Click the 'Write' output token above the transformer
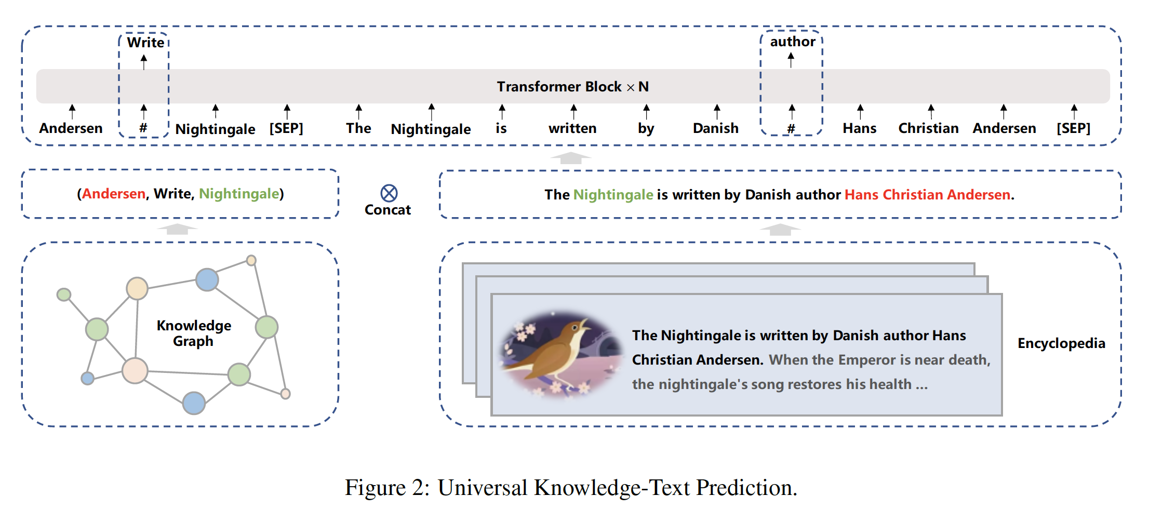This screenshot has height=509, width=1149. click(x=145, y=43)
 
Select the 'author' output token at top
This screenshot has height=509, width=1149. click(x=792, y=42)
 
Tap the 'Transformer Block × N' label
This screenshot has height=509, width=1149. click(x=572, y=87)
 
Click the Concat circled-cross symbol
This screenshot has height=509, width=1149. click(x=389, y=193)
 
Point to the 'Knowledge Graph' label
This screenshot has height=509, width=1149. click(x=194, y=333)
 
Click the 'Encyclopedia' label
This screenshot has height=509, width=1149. click(x=1061, y=343)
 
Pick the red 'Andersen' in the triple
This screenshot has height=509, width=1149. click(x=114, y=194)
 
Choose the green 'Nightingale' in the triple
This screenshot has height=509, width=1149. click(x=239, y=194)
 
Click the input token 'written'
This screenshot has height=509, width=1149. click(x=572, y=128)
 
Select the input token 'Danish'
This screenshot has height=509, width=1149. click(x=715, y=128)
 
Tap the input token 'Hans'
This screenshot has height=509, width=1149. click(x=859, y=128)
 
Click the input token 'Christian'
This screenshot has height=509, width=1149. click(x=928, y=128)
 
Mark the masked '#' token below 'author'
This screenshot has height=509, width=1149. click(x=791, y=128)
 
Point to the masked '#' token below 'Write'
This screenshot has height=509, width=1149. click(x=143, y=128)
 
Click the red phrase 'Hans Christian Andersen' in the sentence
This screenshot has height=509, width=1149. click(x=928, y=195)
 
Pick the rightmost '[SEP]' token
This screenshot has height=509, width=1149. click(x=1073, y=128)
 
